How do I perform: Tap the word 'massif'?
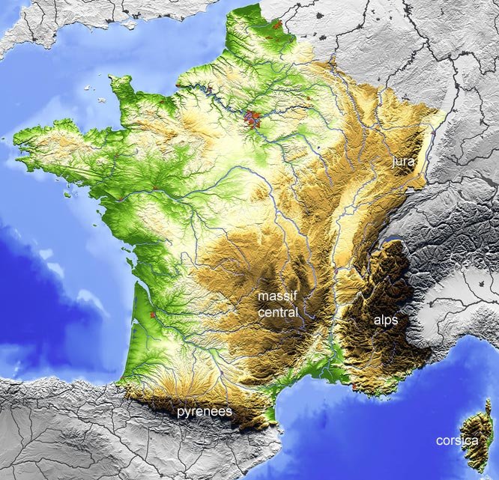(x=277, y=297)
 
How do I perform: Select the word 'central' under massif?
(x=278, y=312)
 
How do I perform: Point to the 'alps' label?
(x=385, y=320)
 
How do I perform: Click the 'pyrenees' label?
(x=204, y=412)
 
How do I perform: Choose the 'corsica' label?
(x=456, y=441)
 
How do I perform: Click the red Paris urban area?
(x=253, y=118)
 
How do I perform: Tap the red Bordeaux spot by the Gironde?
(x=153, y=316)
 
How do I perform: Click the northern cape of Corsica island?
(x=488, y=404)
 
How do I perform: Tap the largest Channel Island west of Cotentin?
(x=98, y=100)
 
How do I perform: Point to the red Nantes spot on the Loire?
(x=120, y=201)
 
